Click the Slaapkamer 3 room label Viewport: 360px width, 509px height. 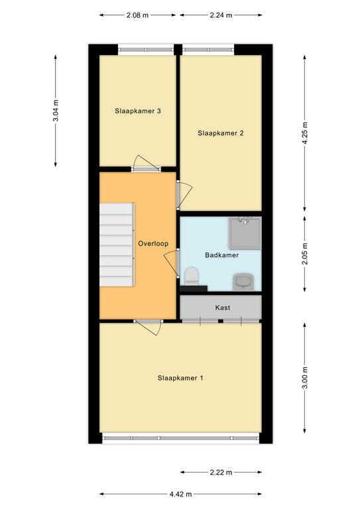point(138,111)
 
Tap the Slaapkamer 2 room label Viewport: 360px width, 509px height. point(221,133)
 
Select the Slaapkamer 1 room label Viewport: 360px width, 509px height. point(180,378)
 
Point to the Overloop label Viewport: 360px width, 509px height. point(153,244)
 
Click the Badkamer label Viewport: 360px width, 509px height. point(221,255)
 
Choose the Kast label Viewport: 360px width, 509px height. point(223,308)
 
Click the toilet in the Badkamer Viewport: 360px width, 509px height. point(191,276)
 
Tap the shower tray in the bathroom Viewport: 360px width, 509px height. point(245,233)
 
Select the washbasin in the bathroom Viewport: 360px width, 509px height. point(243,282)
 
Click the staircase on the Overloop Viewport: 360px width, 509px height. point(117,245)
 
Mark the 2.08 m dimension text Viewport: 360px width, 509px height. point(137,15)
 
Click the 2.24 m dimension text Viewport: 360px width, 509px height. point(221,15)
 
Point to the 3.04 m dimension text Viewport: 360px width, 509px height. point(56,111)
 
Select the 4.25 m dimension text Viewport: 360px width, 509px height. point(304,133)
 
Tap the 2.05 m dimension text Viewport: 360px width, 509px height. point(304,254)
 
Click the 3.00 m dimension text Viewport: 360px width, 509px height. point(304,378)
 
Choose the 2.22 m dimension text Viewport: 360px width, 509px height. point(221,473)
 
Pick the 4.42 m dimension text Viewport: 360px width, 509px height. point(180,494)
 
